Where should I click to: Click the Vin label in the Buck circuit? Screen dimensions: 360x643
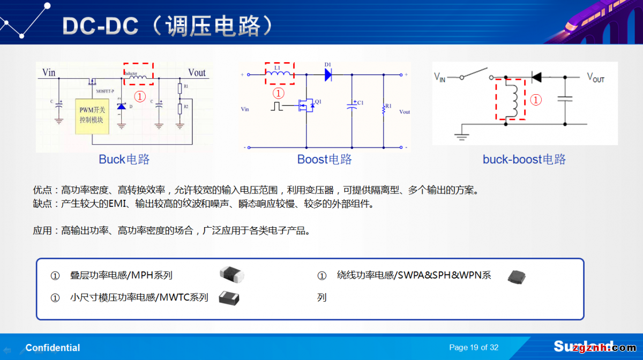[49, 72]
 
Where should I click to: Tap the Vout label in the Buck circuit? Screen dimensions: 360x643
[197, 72]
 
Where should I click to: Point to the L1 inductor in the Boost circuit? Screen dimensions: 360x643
[279, 74]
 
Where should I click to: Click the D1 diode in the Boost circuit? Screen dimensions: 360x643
[328, 75]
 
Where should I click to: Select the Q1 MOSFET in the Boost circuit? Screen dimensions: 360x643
[307, 106]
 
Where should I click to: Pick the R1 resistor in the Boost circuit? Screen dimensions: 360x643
[384, 109]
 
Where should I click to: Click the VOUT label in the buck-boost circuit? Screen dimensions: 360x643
[595, 78]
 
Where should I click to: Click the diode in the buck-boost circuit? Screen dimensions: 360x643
[536, 77]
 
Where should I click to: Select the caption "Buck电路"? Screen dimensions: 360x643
[124, 159]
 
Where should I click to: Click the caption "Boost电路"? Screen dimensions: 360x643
[324, 159]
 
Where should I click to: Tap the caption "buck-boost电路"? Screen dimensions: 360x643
[524, 159]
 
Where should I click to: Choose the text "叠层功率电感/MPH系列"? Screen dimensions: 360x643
[121, 275]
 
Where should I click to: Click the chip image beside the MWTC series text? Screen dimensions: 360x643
[229, 297]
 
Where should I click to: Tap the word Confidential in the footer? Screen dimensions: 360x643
[53, 348]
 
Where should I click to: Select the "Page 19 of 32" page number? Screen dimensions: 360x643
[474, 348]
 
